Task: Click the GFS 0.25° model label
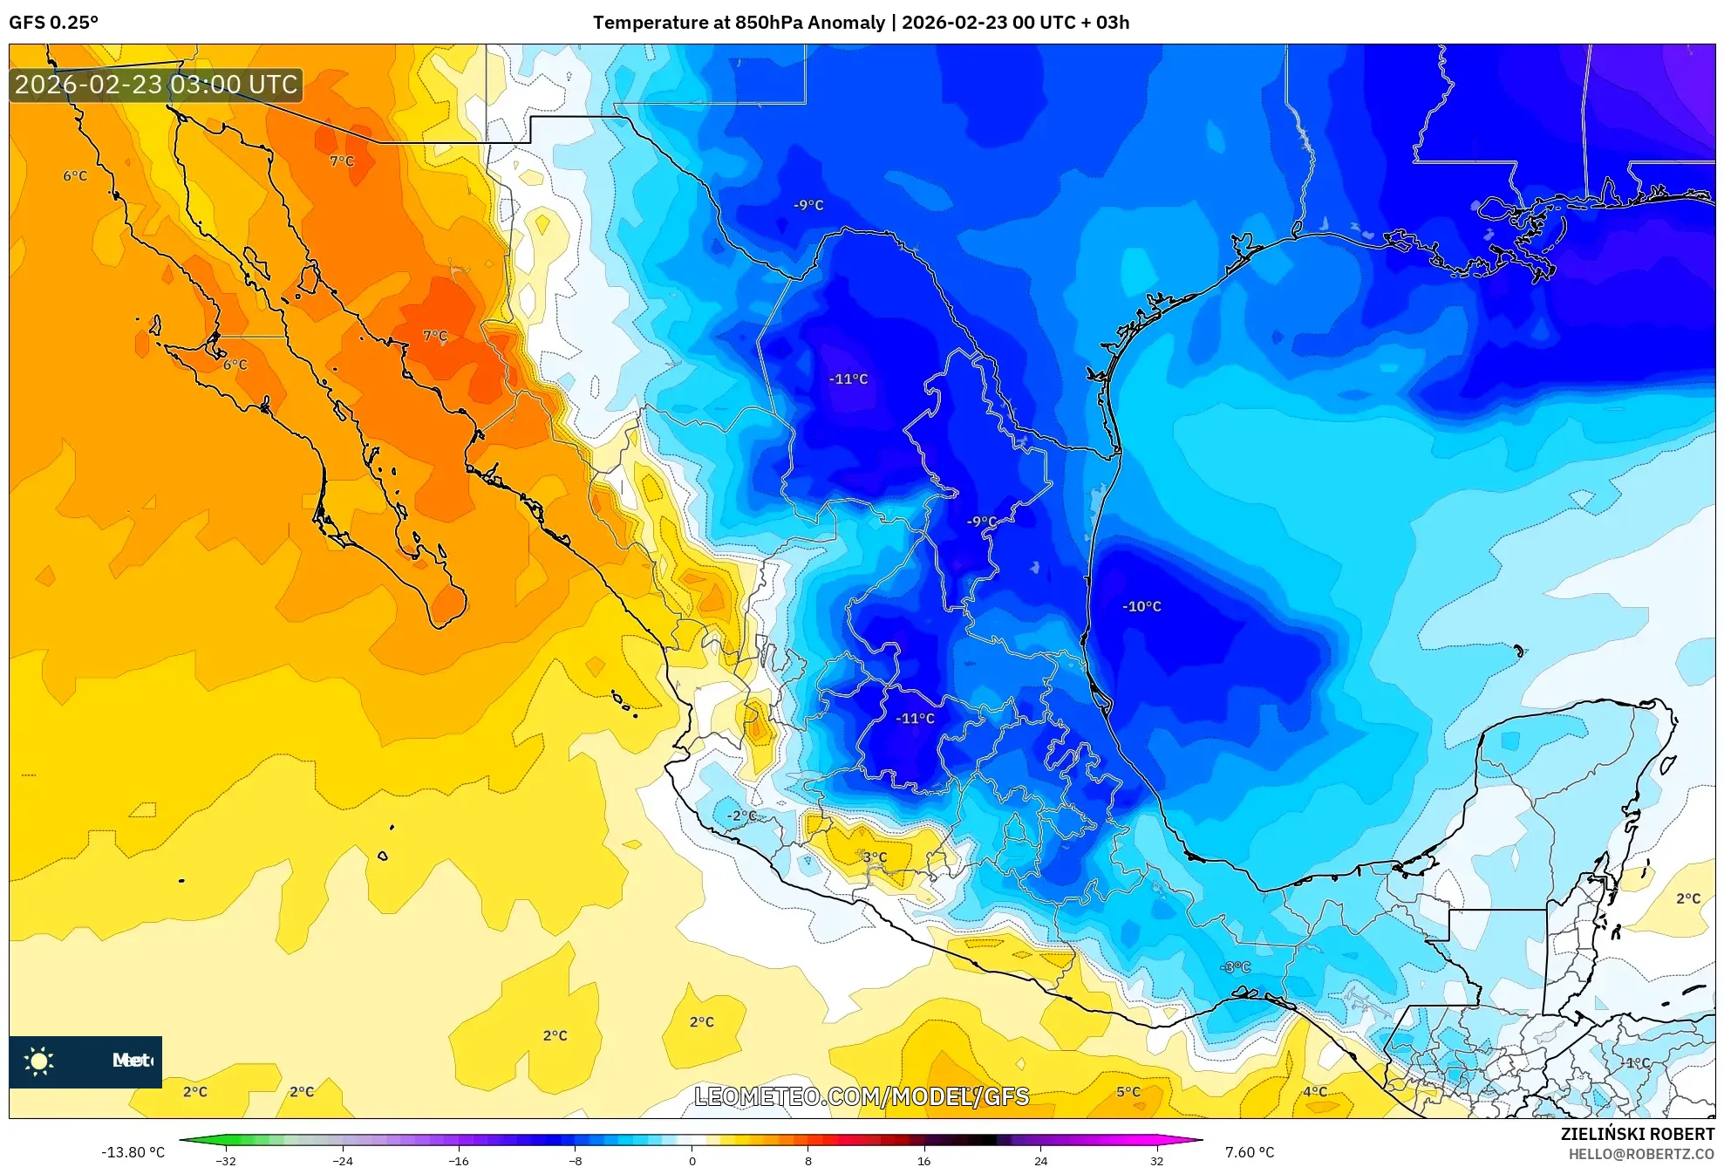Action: [x=53, y=23]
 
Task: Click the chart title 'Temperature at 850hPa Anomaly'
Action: [x=738, y=23]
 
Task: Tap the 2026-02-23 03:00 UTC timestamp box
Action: [x=156, y=85]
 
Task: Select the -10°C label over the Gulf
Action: [x=1141, y=606]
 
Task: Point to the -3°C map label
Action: [x=1235, y=966]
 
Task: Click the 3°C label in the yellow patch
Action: [x=875, y=856]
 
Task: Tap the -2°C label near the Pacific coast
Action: [x=742, y=816]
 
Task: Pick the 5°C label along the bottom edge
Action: [x=1128, y=1091]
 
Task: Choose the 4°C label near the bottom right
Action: [x=1315, y=1091]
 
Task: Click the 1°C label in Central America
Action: [x=1638, y=1062]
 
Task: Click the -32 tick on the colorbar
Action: [x=226, y=1160]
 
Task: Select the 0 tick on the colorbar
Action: [x=692, y=1160]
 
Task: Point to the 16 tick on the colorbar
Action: [x=924, y=1160]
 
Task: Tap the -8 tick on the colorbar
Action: [x=576, y=1160]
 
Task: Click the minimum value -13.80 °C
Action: [x=133, y=1152]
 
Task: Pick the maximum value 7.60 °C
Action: [x=1250, y=1152]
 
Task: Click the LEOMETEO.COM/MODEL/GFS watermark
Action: [x=862, y=1096]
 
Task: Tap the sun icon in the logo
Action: [x=39, y=1061]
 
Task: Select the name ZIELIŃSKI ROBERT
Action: [x=1638, y=1134]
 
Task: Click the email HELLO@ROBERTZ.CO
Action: [x=1641, y=1154]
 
